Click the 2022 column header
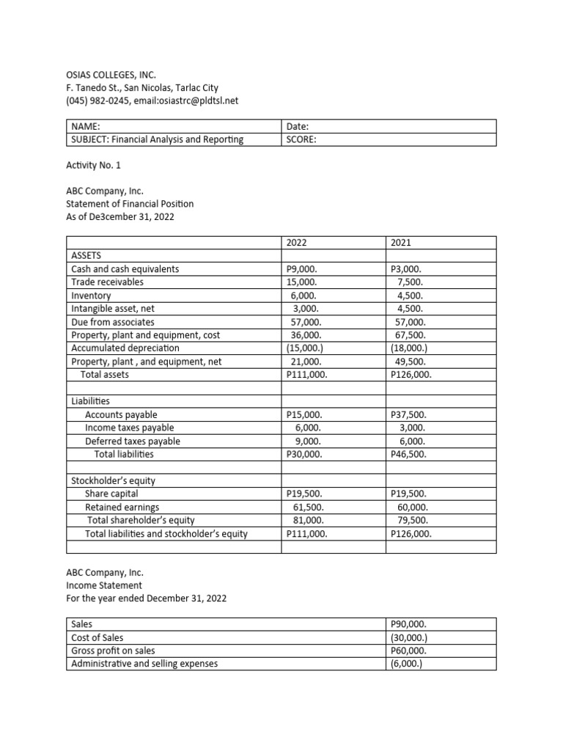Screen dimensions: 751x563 297,243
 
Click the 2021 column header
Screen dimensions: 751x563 400,243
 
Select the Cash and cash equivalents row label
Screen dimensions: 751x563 125,269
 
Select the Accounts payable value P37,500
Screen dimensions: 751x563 409,415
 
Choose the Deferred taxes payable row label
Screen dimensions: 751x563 133,442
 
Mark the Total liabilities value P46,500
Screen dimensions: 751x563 409,455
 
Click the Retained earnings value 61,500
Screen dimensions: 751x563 306,508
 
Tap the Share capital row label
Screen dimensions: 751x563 111,494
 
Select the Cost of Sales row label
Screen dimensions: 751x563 97,638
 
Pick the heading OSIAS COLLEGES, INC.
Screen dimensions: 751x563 111,75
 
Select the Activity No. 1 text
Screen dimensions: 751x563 93,166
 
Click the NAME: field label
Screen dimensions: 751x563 85,127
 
